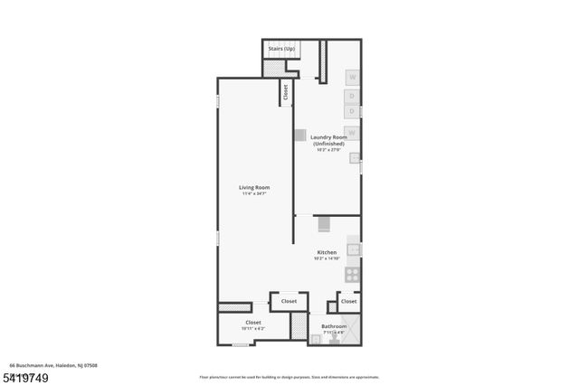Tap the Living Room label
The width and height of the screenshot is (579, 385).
point(255,188)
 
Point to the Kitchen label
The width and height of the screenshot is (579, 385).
point(327,252)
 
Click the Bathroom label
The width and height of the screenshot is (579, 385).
point(334,326)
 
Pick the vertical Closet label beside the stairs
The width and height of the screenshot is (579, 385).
point(286,92)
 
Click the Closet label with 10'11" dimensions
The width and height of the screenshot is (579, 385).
point(253,323)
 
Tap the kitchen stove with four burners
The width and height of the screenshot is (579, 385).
point(354,275)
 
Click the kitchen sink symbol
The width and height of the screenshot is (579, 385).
point(354,249)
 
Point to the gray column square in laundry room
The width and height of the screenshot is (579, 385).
point(299,135)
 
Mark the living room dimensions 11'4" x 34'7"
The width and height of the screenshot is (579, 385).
point(255,194)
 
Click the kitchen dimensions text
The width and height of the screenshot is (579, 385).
point(327,258)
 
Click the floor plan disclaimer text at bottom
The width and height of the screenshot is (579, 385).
point(289,376)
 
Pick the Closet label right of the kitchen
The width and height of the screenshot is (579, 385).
point(348,301)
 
